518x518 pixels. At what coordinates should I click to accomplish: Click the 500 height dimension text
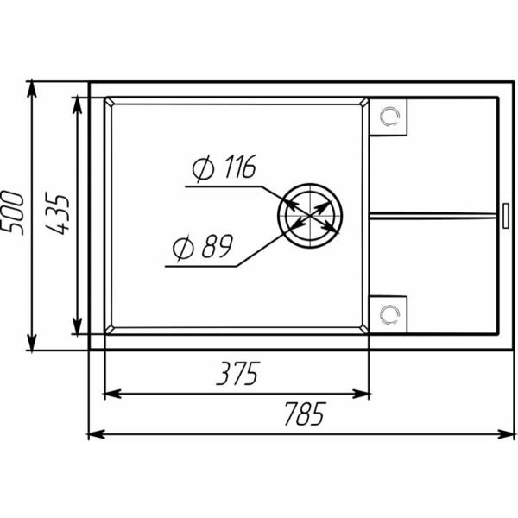click(x=13, y=213)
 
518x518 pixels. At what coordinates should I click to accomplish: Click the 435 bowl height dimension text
click(x=57, y=213)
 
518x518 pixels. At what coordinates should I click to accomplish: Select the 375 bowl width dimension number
click(x=238, y=374)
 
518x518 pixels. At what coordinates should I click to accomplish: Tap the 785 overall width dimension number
click(x=305, y=414)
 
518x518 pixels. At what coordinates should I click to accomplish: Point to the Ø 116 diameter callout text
click(x=224, y=167)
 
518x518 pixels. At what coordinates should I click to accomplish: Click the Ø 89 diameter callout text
click(x=203, y=246)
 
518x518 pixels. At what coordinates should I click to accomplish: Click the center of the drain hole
click(x=310, y=215)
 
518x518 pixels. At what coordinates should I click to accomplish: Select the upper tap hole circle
click(x=390, y=117)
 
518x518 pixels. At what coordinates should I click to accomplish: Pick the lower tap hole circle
click(x=390, y=315)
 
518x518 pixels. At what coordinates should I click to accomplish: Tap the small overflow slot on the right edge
click(x=506, y=216)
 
